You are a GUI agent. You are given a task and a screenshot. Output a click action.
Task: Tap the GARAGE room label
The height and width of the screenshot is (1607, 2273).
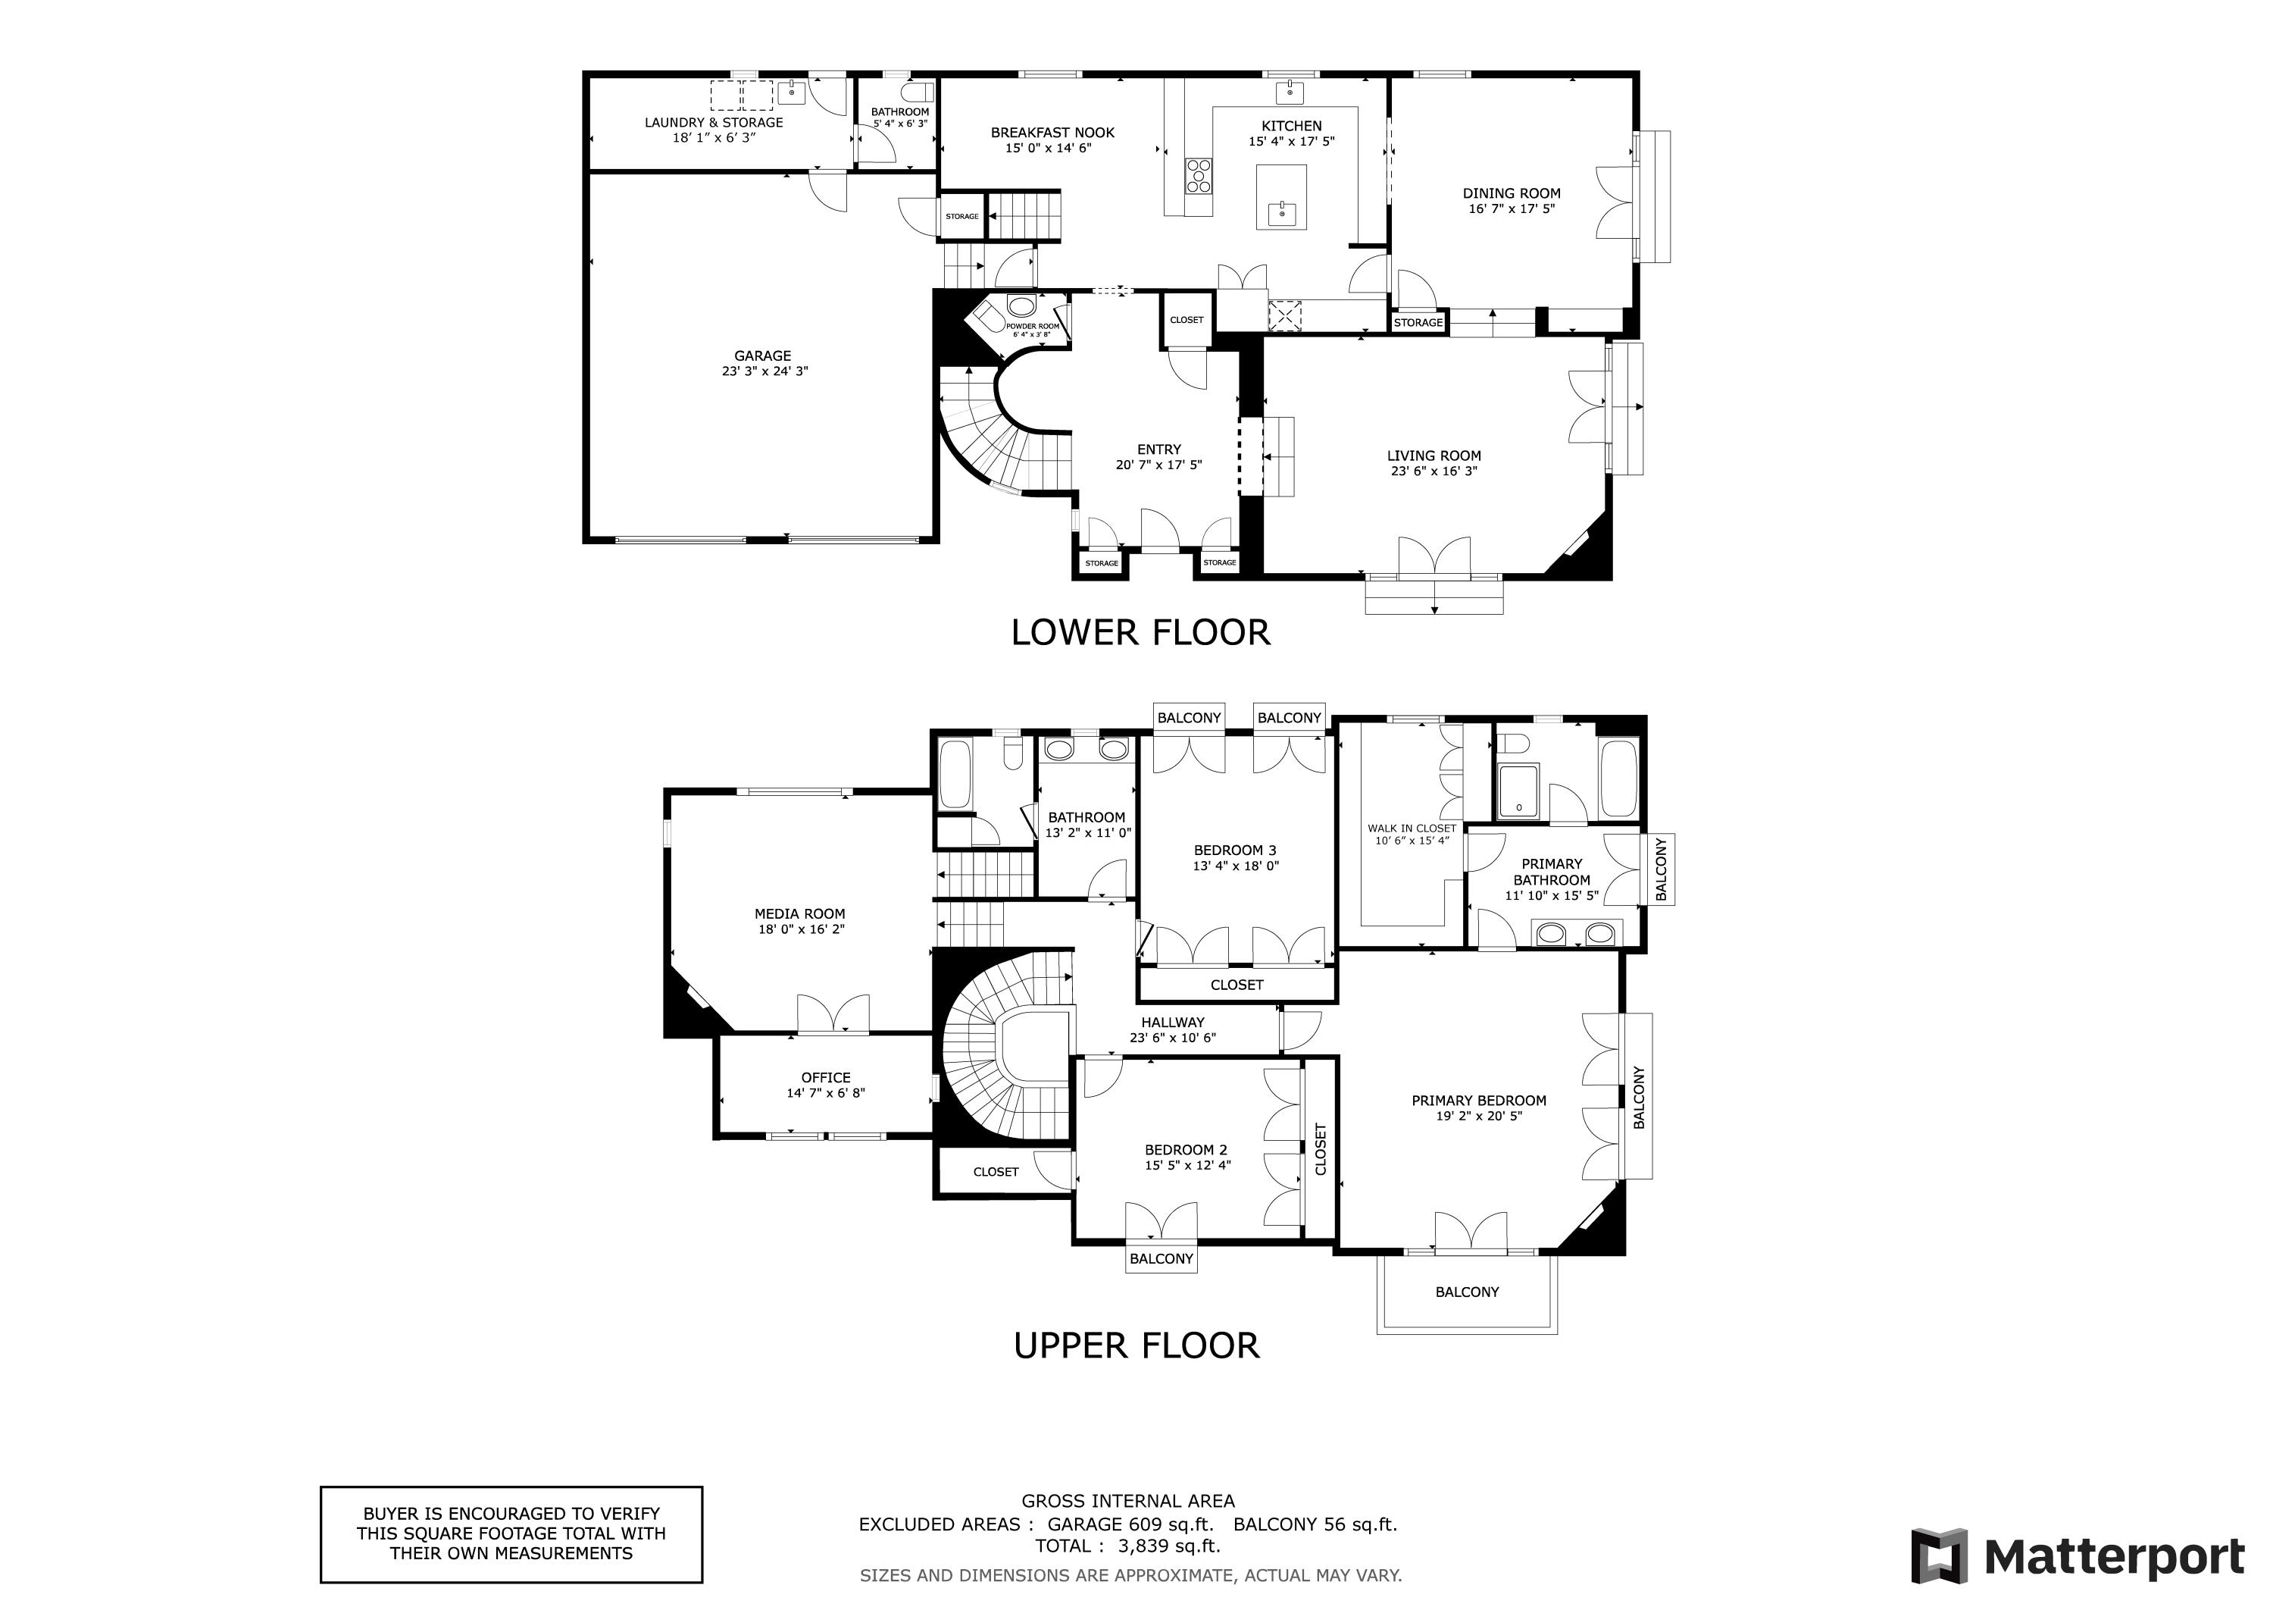[x=762, y=356]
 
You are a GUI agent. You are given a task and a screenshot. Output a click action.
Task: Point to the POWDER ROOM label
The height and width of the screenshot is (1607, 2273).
[x=1033, y=326]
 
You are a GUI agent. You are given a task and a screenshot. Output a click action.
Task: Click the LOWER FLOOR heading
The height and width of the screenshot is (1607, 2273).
[x=1140, y=631]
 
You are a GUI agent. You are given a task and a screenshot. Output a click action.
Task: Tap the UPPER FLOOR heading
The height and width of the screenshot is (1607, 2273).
[x=1136, y=1345]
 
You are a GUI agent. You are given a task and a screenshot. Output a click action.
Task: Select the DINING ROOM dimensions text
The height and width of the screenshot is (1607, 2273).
[x=1512, y=209]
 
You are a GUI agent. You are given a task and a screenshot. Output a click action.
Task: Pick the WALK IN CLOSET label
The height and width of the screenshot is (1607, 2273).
[x=1412, y=828]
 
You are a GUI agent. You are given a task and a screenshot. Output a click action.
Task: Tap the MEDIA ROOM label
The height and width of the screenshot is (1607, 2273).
[x=800, y=914]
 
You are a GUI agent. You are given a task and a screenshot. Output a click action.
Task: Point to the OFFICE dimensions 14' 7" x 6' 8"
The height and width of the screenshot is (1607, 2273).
[x=826, y=1093]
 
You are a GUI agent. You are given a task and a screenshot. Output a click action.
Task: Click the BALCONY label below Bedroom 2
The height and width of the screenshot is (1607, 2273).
[x=1162, y=1258]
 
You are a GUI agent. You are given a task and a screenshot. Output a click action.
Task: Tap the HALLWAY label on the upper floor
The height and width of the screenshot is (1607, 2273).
[x=1172, y=1022]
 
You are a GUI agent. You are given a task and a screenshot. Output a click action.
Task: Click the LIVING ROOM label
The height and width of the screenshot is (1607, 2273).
[x=1434, y=456]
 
